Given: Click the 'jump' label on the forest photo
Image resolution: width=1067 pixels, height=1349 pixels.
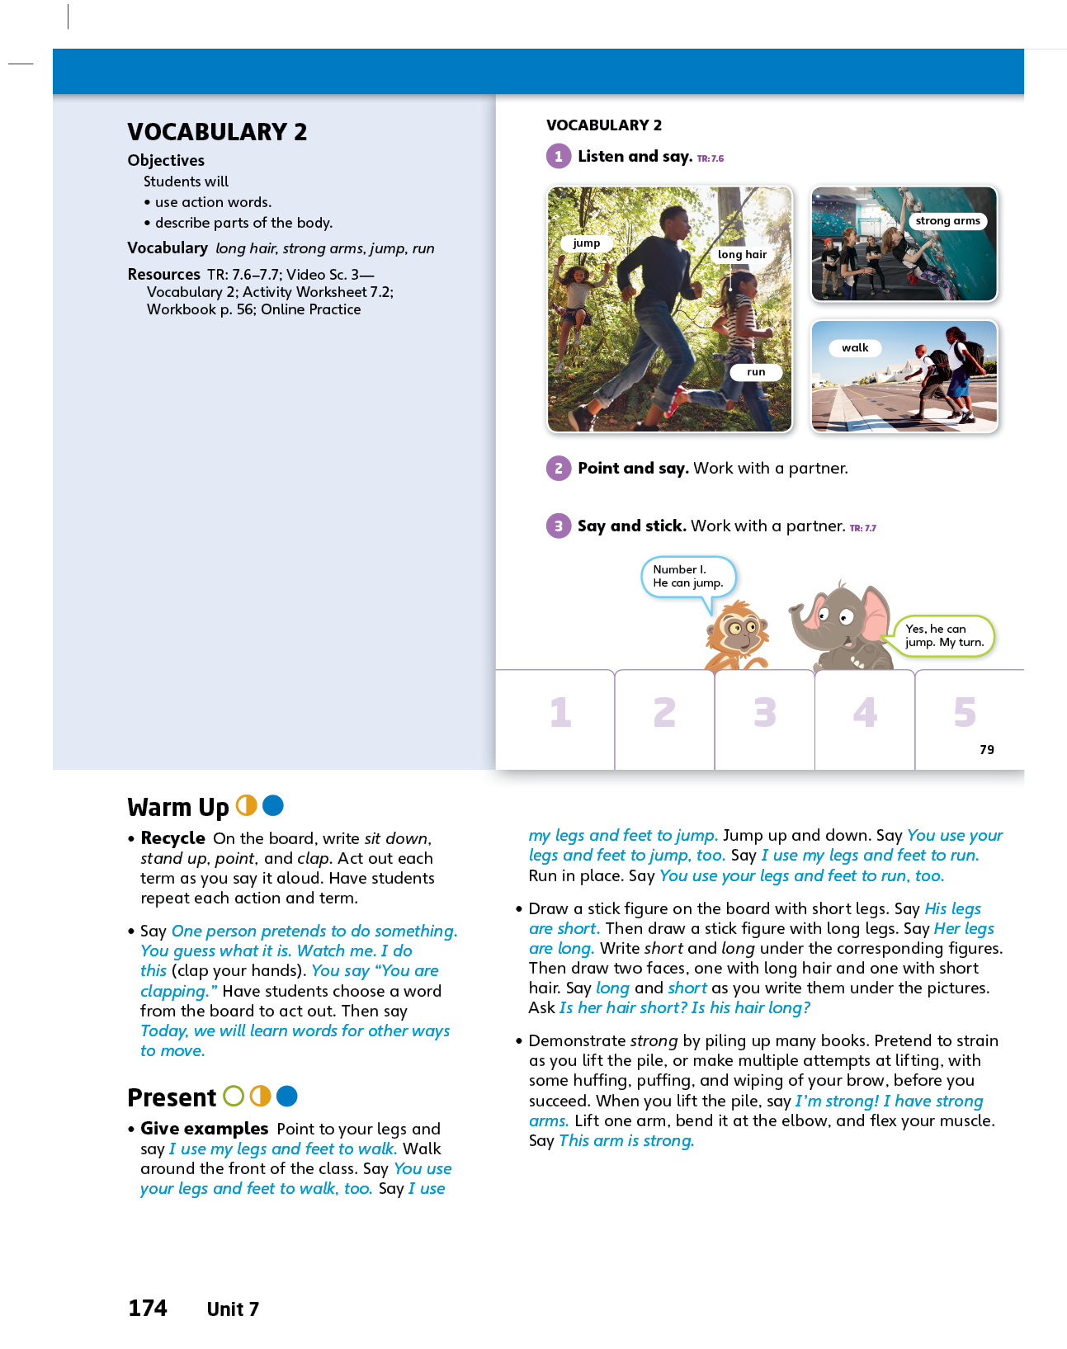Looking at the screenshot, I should click(x=586, y=243).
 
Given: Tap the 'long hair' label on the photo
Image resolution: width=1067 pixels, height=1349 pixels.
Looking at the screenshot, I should click(x=742, y=255).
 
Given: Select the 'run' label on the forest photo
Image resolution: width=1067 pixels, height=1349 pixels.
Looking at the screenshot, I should click(x=756, y=372).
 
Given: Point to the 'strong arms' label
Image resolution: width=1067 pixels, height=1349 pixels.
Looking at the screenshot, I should click(x=947, y=221).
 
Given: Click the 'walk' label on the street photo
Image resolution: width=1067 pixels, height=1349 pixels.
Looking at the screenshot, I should click(x=855, y=348).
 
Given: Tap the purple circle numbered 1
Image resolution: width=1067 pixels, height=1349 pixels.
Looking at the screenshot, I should click(x=559, y=156).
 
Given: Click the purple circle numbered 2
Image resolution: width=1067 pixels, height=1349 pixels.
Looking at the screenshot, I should click(x=559, y=469).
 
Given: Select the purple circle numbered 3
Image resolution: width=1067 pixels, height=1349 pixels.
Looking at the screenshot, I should click(x=559, y=526).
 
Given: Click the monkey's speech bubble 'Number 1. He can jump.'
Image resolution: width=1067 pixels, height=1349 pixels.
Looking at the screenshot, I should click(x=687, y=576).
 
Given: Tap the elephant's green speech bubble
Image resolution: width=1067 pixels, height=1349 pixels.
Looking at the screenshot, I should click(x=944, y=636).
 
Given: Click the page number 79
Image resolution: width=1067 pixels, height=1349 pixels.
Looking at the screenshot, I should click(x=987, y=749).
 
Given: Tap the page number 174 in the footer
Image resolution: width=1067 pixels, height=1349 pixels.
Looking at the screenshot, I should click(x=148, y=1309).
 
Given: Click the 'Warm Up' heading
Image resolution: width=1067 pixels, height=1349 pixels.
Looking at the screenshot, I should click(x=178, y=807).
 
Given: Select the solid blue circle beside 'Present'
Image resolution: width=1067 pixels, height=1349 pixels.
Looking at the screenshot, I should click(x=287, y=1096).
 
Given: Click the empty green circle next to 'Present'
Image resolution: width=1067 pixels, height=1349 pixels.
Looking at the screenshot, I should click(x=234, y=1096).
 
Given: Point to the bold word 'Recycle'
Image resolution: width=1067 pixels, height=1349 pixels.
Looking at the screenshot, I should click(x=172, y=838).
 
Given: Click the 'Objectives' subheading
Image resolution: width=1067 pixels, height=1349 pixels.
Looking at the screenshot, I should click(x=166, y=161).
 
